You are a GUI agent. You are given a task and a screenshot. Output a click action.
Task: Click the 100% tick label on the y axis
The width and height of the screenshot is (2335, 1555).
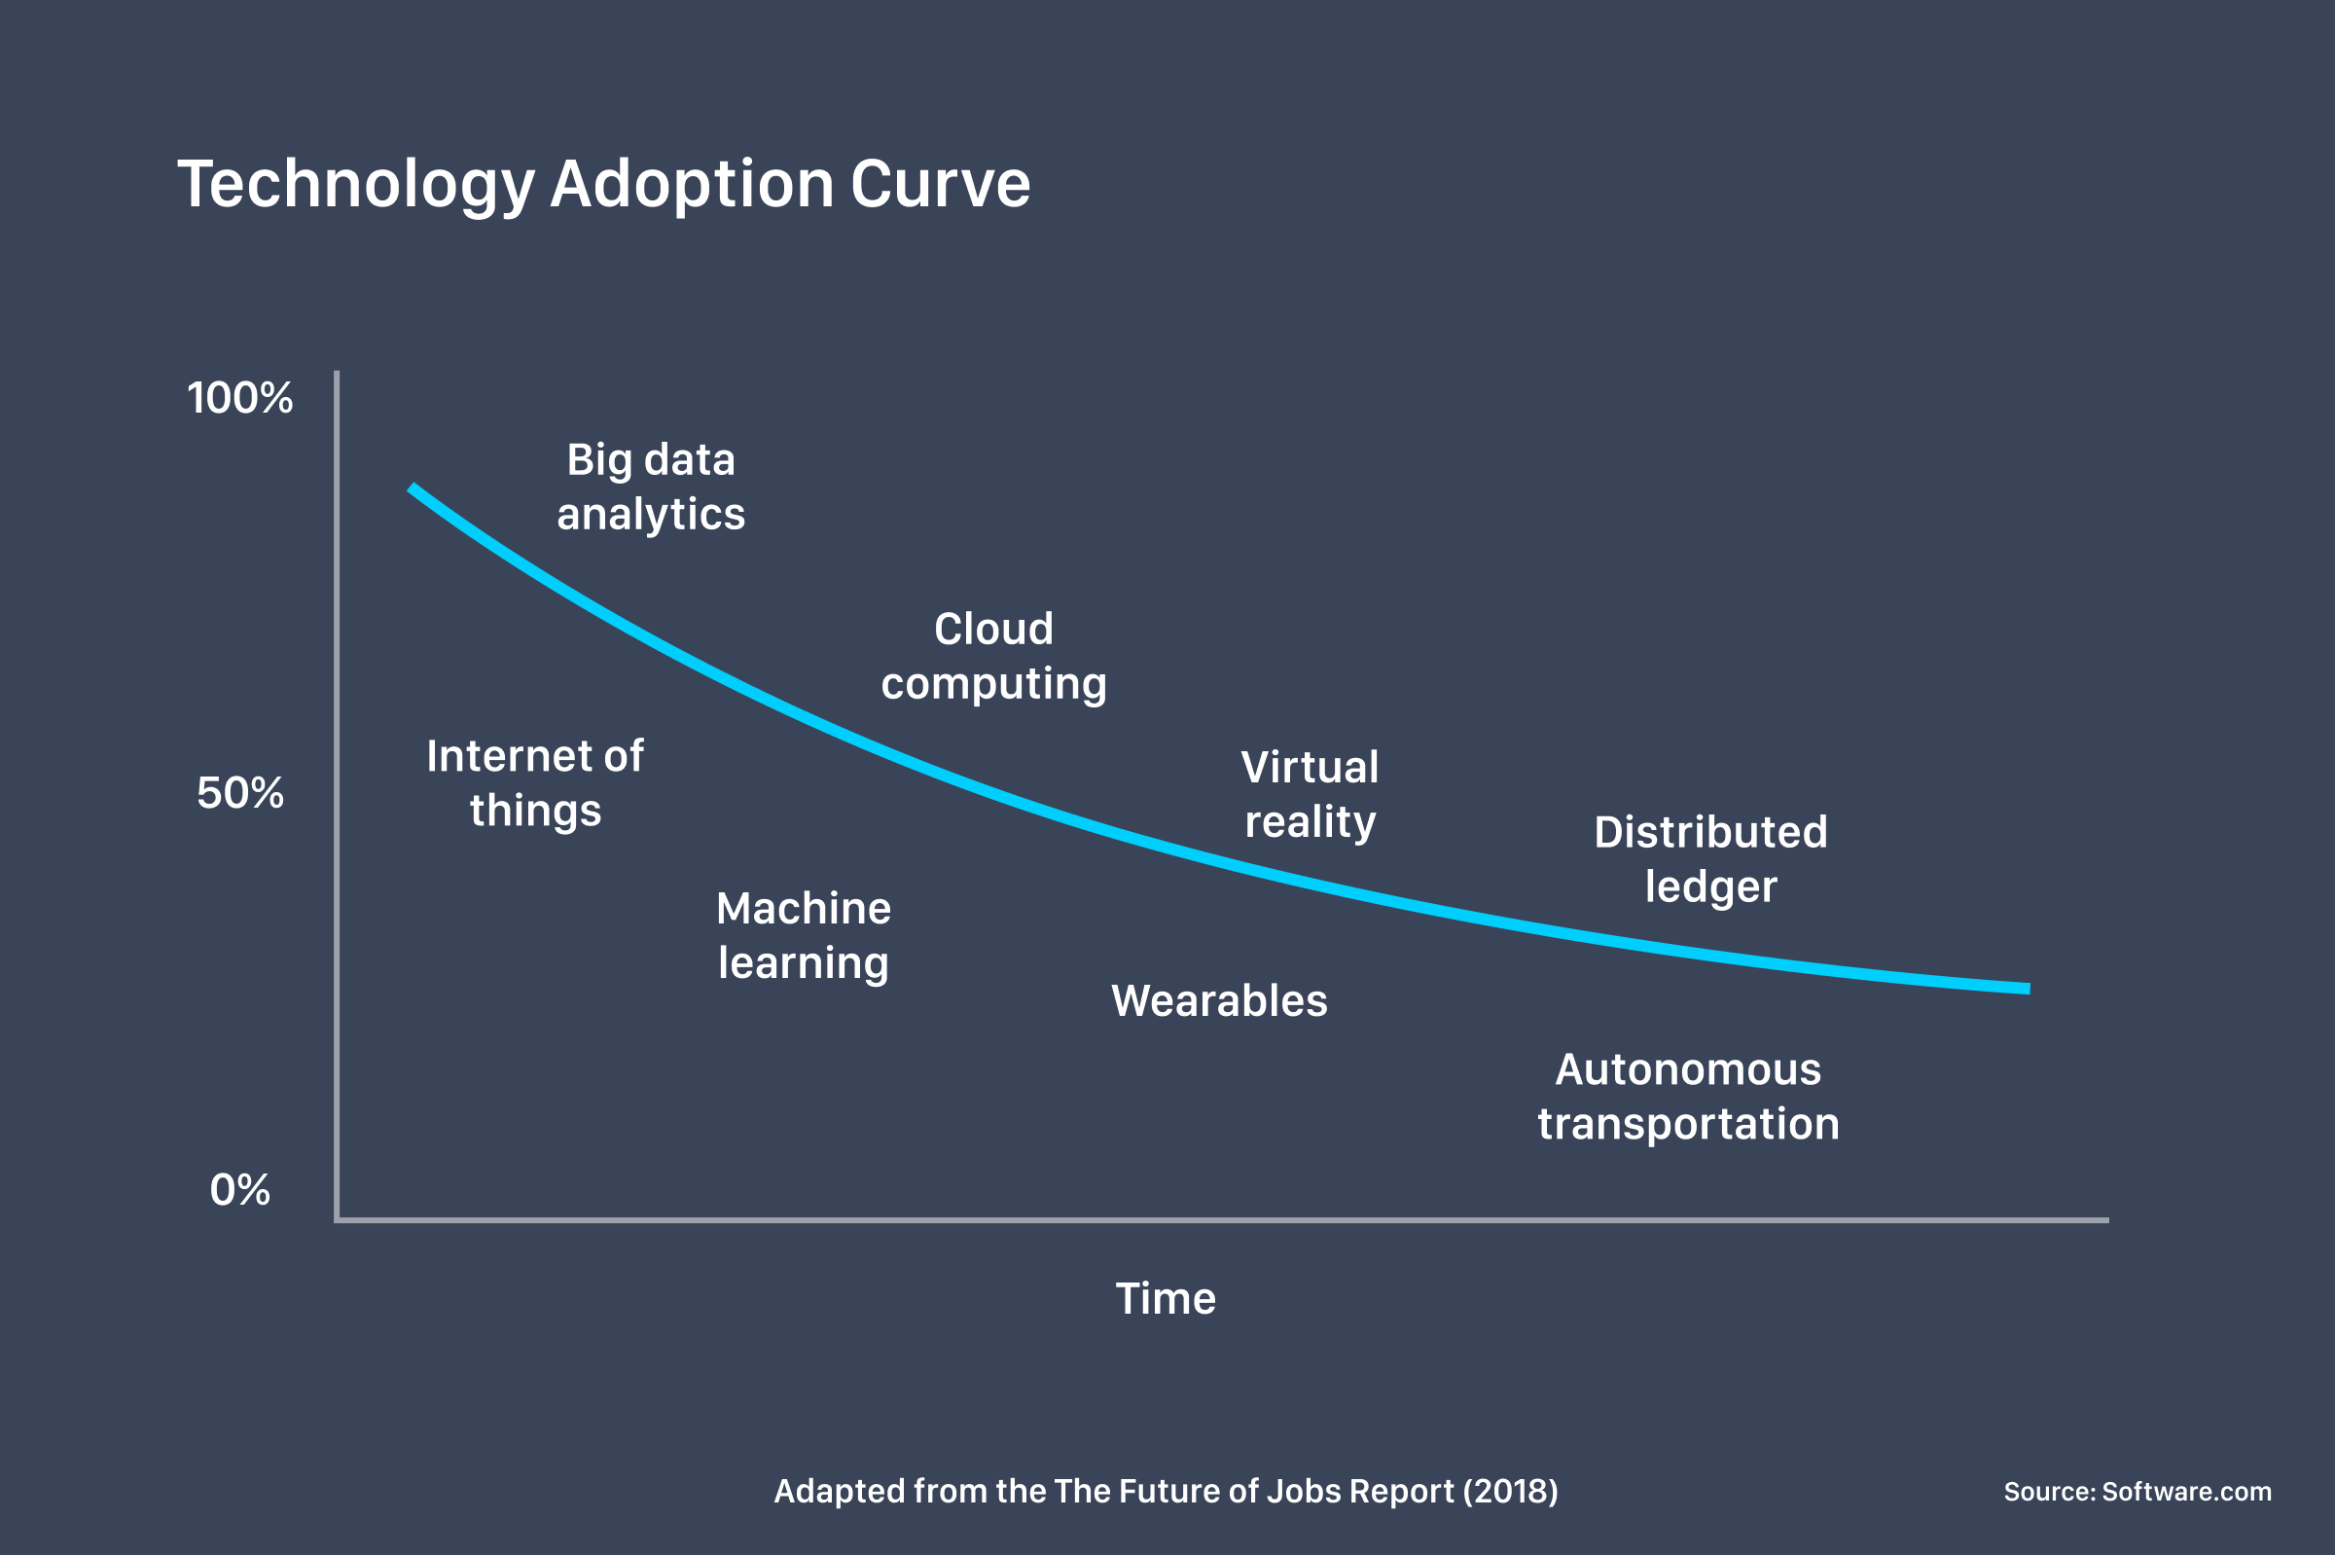[240, 399]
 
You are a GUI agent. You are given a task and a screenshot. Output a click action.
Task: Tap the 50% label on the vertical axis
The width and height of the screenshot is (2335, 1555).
[240, 793]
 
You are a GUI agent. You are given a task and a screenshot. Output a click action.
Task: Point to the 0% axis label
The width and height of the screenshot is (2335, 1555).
[240, 1190]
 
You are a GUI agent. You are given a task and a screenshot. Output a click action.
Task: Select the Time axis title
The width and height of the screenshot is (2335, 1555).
[1165, 1299]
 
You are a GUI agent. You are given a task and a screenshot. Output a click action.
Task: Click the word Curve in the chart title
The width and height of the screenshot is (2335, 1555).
[940, 185]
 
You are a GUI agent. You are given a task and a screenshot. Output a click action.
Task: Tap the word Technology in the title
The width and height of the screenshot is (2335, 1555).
[356, 187]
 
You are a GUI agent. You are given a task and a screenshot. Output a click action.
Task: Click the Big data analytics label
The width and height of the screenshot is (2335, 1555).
[651, 487]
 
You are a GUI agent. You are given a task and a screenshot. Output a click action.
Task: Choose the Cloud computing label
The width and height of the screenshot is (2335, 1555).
[993, 657]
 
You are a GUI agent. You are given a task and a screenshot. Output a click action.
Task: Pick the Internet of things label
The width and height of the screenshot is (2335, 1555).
[535, 783]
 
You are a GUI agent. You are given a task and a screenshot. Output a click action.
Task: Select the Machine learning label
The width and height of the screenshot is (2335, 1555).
[803, 936]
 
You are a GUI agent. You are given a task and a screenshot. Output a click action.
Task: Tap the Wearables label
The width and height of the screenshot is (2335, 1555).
[1218, 1001]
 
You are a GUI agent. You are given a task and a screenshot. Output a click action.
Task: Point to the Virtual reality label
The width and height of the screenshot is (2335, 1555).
[1310, 794]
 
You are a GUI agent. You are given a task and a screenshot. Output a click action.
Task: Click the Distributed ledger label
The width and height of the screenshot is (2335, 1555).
[1710, 860]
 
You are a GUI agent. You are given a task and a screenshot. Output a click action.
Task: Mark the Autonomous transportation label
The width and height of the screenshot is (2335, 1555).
[1689, 1097]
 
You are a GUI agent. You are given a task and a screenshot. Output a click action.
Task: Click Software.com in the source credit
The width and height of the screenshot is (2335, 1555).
[2186, 1492]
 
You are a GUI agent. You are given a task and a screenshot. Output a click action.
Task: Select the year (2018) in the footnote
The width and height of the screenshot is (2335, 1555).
[1510, 1492]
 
